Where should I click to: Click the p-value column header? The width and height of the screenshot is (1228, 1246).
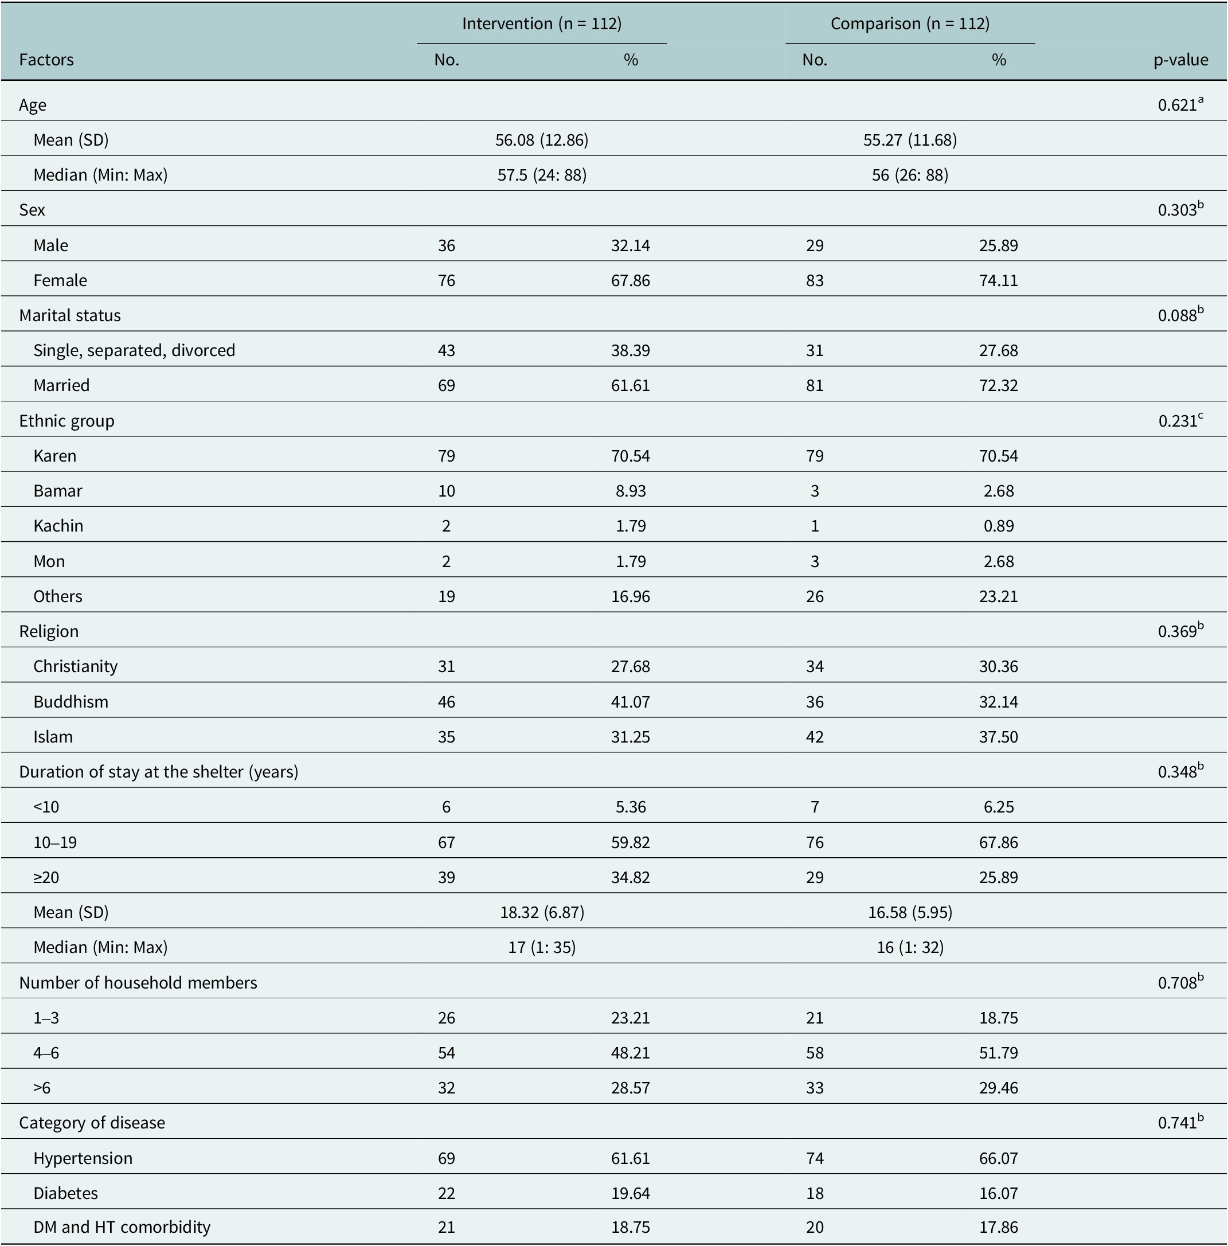[x=1180, y=61]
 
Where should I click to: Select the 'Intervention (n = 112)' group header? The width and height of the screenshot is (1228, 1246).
[x=542, y=24]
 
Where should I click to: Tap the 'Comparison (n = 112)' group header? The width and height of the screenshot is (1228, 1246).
[x=910, y=24]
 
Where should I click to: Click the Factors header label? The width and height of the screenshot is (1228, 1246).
[x=46, y=60]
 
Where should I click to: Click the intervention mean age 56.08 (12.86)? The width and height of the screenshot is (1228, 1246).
[x=542, y=140]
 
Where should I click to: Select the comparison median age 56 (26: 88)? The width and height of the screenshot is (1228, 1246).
[x=910, y=175]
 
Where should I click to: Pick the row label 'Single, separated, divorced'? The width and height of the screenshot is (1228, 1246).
[x=134, y=351]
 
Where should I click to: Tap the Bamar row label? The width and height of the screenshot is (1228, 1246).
[x=58, y=491]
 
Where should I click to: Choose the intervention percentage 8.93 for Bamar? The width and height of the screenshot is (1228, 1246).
[x=631, y=491]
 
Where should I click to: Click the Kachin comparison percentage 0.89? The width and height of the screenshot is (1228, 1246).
[x=999, y=526]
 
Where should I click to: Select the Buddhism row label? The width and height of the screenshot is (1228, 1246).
[x=71, y=702]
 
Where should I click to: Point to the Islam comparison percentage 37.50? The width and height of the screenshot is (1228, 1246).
[x=999, y=736]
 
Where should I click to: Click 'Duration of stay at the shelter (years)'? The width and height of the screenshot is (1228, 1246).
[x=159, y=772]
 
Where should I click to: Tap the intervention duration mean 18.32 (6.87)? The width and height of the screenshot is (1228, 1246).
[x=542, y=912]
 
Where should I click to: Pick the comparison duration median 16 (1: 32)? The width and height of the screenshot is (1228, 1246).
[x=910, y=947]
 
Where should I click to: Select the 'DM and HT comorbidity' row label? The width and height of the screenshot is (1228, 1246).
[x=122, y=1227]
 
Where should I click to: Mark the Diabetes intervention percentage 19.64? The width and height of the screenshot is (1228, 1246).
[x=631, y=1193]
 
